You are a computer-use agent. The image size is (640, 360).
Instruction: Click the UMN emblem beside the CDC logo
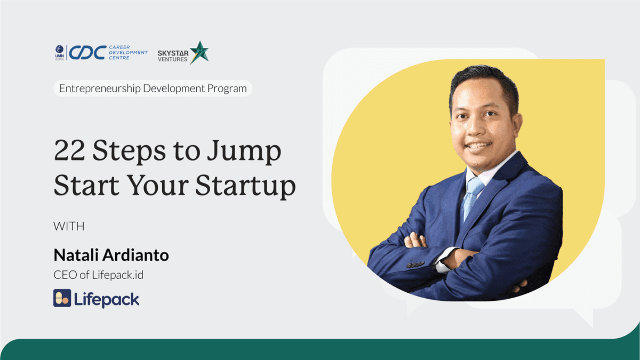coord(59,53)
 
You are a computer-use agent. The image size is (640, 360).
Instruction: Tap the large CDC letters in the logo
coord(87,53)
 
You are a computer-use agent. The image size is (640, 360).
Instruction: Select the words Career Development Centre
coord(128,53)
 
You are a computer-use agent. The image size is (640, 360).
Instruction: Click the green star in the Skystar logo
coord(199,52)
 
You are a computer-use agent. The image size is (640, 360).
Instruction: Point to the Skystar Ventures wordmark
coord(173,57)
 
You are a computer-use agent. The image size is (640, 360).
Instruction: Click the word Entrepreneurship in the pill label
coord(100,89)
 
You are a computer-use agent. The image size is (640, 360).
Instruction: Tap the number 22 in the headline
coord(69,150)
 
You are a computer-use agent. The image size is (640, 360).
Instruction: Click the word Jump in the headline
coord(244,153)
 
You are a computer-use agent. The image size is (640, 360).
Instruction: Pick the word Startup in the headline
coord(246,186)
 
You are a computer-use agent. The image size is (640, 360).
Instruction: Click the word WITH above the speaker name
coord(69,227)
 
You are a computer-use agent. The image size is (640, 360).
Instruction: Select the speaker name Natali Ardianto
coord(111,255)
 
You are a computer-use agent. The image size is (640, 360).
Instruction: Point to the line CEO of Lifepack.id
coord(98,275)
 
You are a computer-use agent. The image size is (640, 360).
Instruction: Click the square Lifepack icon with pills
coord(62,298)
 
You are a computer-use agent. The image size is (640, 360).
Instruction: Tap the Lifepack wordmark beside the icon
coord(107,300)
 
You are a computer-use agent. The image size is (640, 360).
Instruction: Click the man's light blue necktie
coord(473,198)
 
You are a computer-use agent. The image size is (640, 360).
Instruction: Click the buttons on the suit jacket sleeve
coord(415,265)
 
